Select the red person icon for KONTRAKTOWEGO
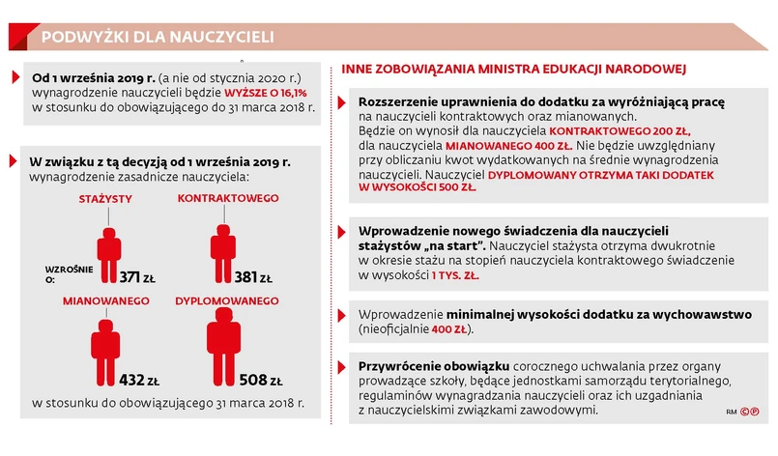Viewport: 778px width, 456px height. [225, 251]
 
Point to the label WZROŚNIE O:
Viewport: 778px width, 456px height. [64, 273]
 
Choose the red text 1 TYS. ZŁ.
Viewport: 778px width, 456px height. [456, 275]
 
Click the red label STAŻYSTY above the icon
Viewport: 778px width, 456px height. [105, 199]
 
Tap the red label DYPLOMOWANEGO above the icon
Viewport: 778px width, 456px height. [227, 301]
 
